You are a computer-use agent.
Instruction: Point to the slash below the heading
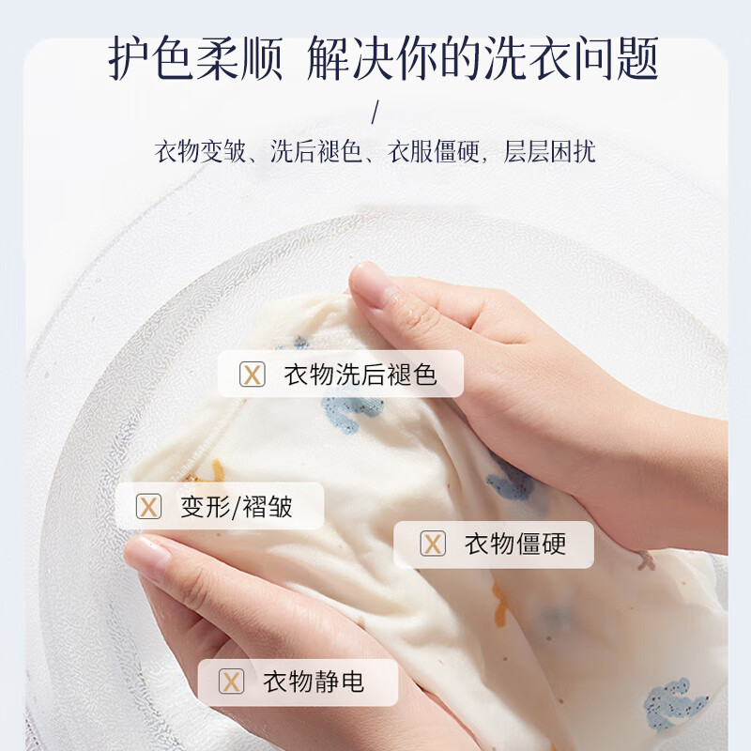coord(375,114)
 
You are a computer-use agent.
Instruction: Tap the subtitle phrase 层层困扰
coord(550,152)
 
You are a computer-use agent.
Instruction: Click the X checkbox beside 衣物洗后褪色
coord(252,375)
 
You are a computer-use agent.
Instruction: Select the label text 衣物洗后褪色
coord(360,375)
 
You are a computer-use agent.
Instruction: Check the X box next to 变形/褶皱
coord(148,507)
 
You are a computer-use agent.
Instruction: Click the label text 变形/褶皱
coord(237,507)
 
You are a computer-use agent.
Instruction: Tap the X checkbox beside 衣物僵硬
coord(432,544)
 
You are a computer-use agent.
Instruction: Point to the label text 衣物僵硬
coord(515,544)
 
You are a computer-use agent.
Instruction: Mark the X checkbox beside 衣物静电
coord(231,681)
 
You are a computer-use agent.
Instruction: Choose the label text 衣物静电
coord(314,681)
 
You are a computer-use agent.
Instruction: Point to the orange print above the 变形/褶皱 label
coord(217,469)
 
